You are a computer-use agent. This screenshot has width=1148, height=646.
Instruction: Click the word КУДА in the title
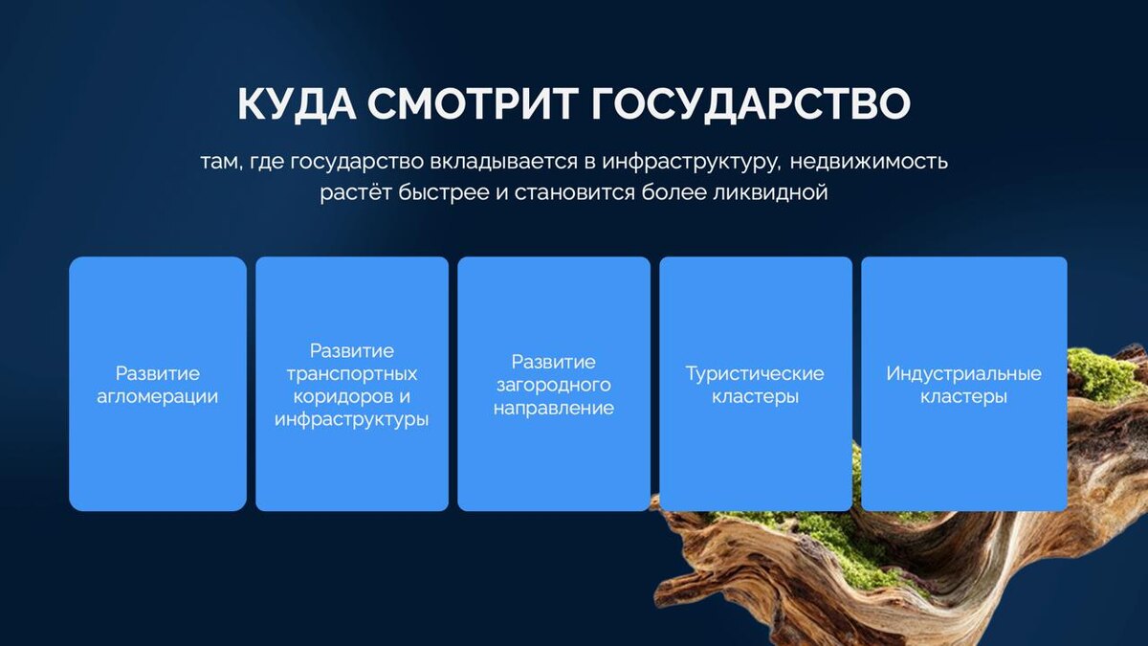[x=297, y=104]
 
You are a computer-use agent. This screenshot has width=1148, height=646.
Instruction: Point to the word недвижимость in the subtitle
[x=869, y=162]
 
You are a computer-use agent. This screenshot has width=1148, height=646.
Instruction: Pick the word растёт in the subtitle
[x=356, y=193]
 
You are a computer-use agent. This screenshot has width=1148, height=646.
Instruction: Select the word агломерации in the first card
[x=157, y=397]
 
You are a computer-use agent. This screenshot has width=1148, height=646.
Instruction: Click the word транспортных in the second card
[x=352, y=374]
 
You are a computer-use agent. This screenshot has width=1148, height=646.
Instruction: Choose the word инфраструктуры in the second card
[x=352, y=420]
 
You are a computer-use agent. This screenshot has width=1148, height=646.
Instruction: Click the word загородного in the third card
[x=554, y=386]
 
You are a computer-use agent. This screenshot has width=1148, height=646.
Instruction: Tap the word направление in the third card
[x=554, y=408]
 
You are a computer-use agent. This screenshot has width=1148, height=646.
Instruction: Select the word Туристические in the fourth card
[x=755, y=374]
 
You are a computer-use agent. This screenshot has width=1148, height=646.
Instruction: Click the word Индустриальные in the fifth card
[x=963, y=374]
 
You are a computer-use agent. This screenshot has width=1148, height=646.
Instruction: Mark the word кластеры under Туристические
[x=755, y=397]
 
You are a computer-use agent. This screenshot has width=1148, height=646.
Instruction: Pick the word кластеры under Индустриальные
[x=963, y=397]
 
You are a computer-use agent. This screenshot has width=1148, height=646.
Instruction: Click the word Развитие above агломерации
[x=157, y=374]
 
